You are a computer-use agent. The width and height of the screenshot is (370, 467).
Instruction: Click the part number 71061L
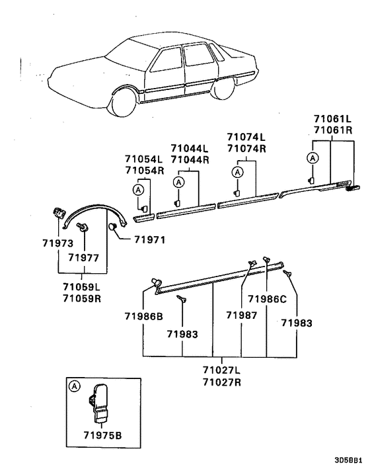point(333,119)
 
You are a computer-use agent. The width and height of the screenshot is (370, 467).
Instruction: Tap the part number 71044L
point(189,149)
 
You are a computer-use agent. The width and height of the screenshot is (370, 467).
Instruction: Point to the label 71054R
point(144,170)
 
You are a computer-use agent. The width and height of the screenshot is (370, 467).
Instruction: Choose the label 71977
point(83,257)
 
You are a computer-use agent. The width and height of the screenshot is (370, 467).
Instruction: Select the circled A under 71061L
point(312,157)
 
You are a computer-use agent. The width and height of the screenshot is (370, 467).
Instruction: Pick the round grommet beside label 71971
point(113,228)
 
